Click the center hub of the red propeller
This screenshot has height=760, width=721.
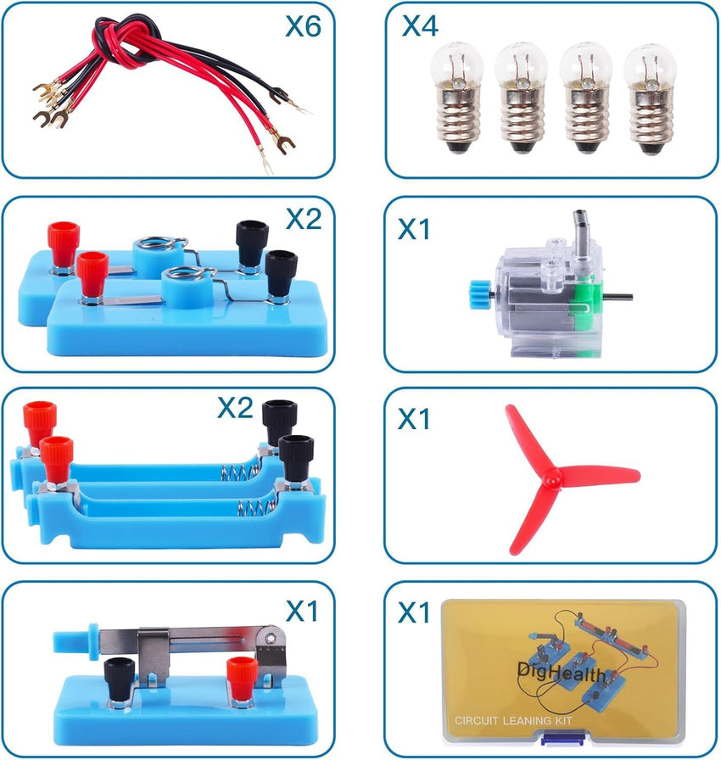pyautogui.click(x=551, y=478)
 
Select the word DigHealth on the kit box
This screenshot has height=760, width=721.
pyautogui.click(x=561, y=674)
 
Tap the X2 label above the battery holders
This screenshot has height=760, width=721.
pyautogui.click(x=235, y=409)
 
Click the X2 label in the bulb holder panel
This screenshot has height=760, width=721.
pyautogui.click(x=303, y=219)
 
